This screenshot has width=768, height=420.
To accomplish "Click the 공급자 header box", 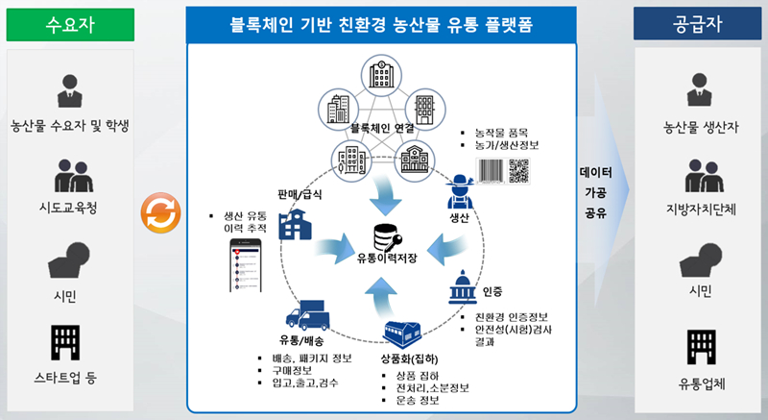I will pos(698,23).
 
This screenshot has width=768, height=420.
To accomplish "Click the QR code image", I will pos(519,170).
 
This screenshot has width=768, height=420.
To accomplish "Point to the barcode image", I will pos(490,170).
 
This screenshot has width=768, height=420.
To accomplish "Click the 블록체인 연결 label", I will pos(381,126).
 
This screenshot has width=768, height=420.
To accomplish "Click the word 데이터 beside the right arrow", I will pos(595,174).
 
